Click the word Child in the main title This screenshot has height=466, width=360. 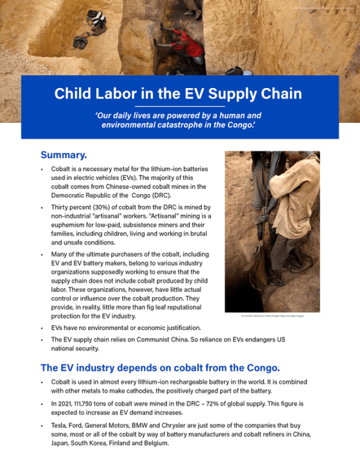74,94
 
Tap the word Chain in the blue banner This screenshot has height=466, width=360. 278,94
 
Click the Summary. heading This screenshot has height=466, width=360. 63,155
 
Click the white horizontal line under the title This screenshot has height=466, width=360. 179,105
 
